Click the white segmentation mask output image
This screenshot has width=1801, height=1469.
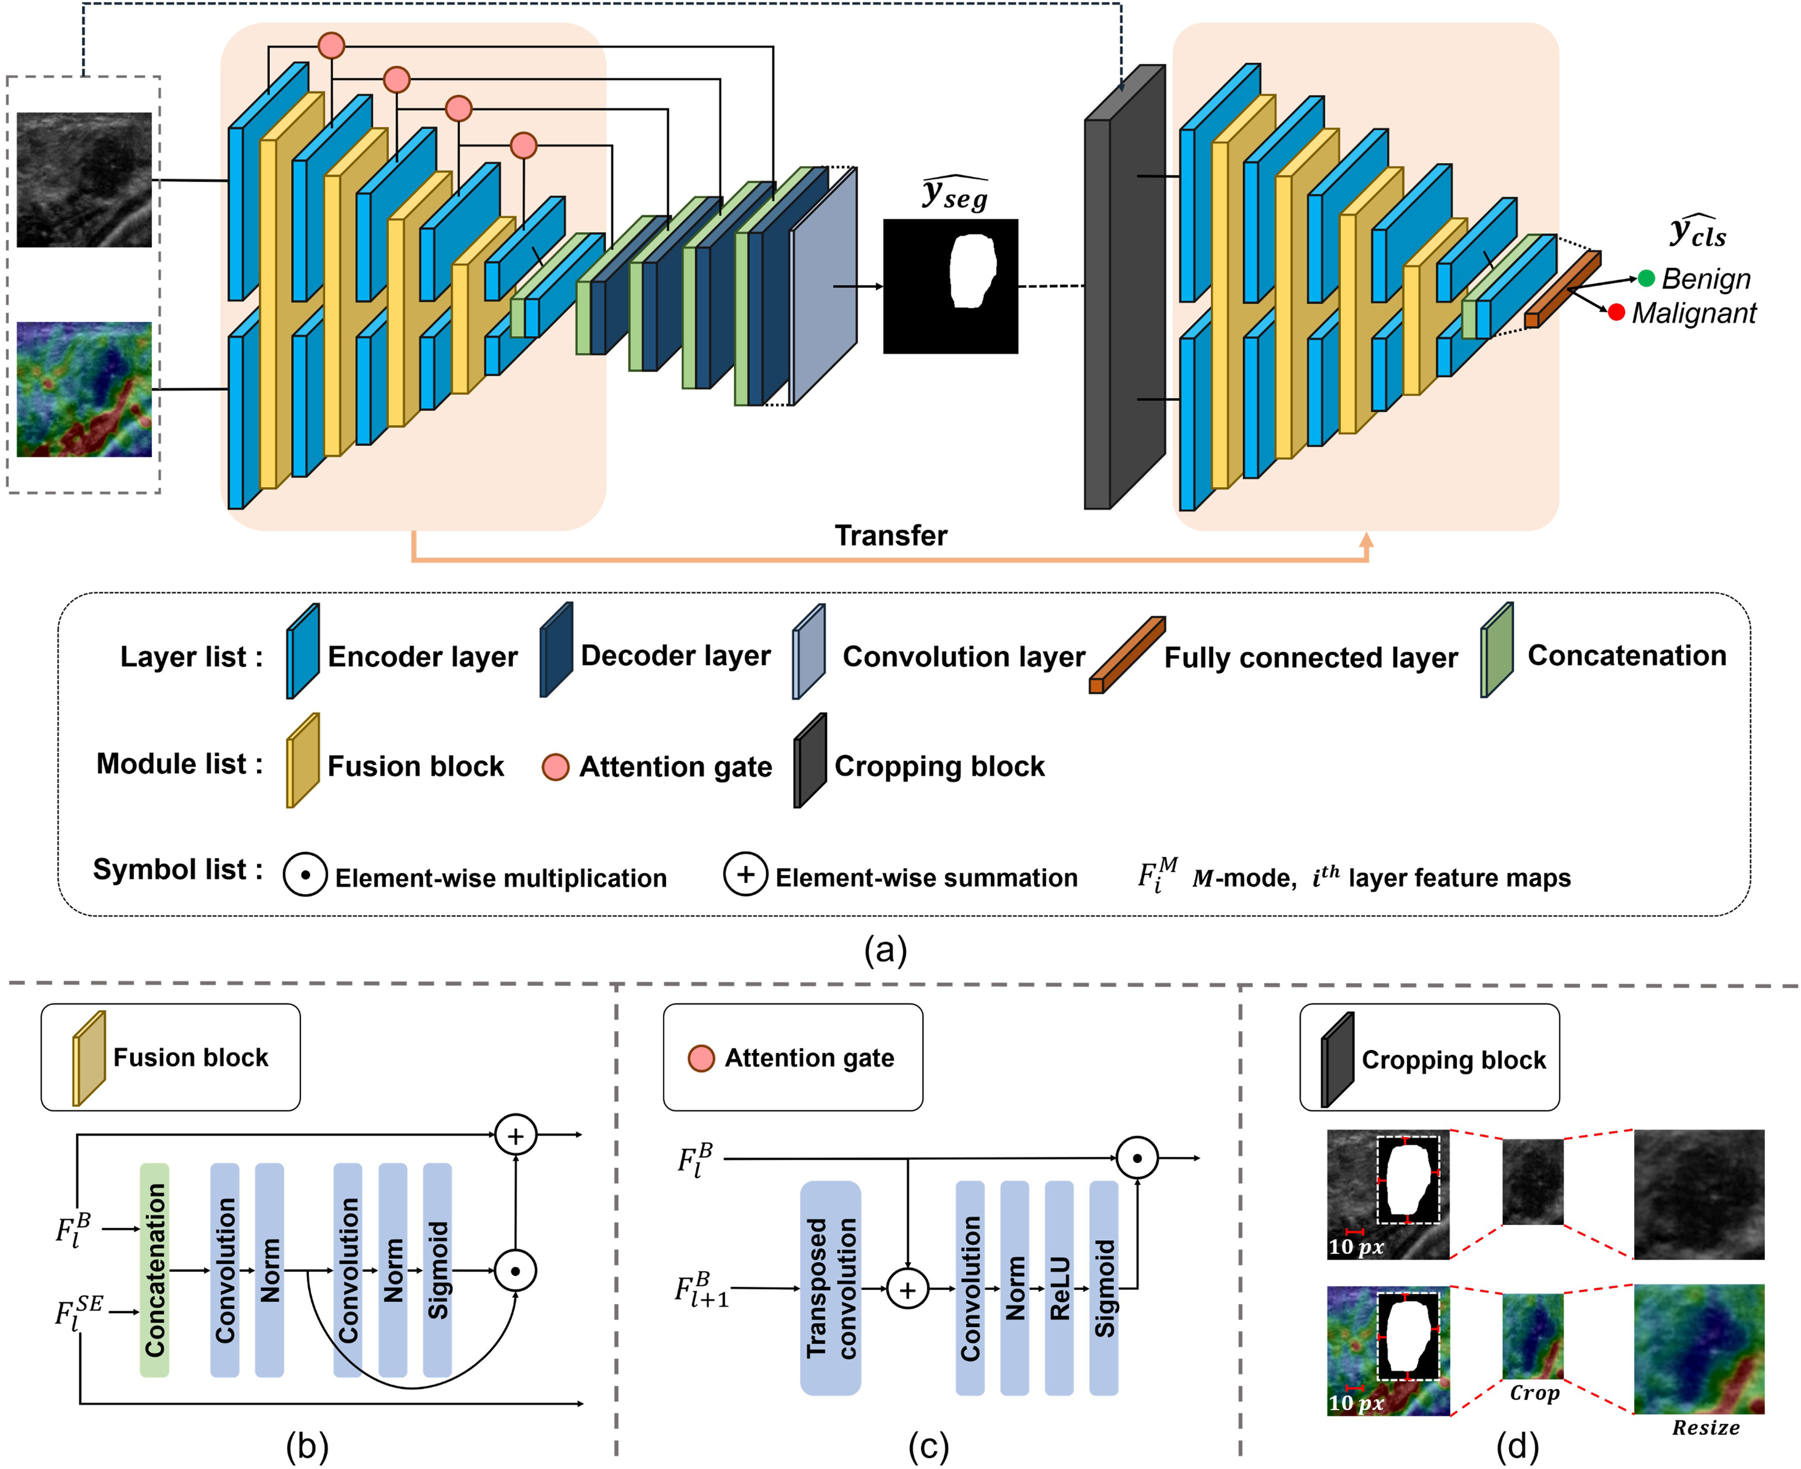click(x=950, y=286)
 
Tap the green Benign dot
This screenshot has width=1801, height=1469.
click(x=1646, y=278)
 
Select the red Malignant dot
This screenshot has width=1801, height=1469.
click(x=1616, y=312)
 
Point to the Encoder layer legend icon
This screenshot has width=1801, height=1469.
click(x=302, y=652)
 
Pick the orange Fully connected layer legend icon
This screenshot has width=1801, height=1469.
click(x=1126, y=655)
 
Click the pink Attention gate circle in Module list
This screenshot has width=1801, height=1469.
click(x=555, y=767)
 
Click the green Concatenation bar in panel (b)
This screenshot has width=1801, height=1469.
click(x=154, y=1270)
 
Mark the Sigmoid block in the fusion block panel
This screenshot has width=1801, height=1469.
click(x=437, y=1270)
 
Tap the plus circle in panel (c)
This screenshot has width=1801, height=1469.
click(x=907, y=1289)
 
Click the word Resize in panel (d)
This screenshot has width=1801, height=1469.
click(x=1705, y=1428)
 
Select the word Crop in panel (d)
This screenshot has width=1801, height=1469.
click(x=1533, y=1393)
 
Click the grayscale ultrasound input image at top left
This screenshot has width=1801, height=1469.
click(x=84, y=180)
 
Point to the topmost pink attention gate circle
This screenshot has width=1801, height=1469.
click(x=331, y=45)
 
